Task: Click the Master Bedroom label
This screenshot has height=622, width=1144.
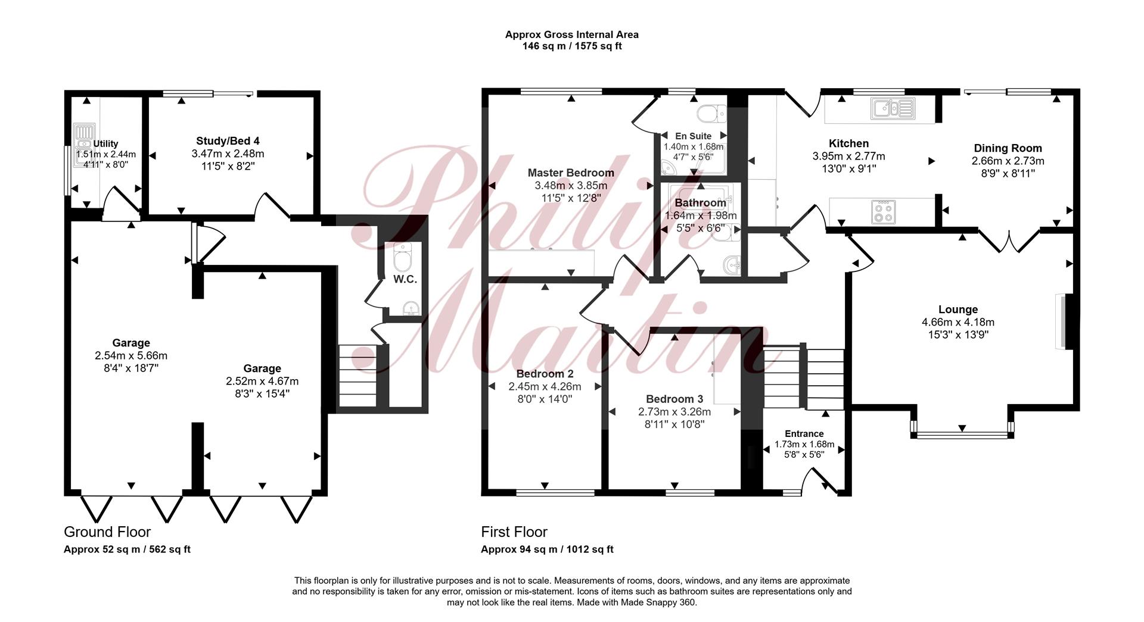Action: pos(571,173)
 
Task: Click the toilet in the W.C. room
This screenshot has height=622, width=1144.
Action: pos(404,256)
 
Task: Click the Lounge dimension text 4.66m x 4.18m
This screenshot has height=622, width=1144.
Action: pos(958,322)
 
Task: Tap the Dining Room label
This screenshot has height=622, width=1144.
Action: pos(1008,148)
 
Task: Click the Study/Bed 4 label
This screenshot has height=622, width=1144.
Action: pos(228,141)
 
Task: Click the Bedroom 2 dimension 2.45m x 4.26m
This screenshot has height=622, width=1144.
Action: pos(545,386)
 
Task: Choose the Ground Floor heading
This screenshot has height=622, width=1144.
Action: pos(107,532)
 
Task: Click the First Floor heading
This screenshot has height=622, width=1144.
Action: pos(514,532)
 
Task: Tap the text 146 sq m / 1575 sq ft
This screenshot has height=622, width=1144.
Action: pos(572,46)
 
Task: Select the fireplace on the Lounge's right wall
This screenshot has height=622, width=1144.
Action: pos(1064,321)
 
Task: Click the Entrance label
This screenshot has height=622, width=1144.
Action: pos(804,434)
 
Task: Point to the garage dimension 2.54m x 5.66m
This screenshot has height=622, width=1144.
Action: pos(131,355)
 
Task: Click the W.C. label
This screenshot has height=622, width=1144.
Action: pos(405,279)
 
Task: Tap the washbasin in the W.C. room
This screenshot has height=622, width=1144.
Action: pos(410,308)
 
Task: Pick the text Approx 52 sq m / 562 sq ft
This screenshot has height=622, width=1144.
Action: pos(127,549)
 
